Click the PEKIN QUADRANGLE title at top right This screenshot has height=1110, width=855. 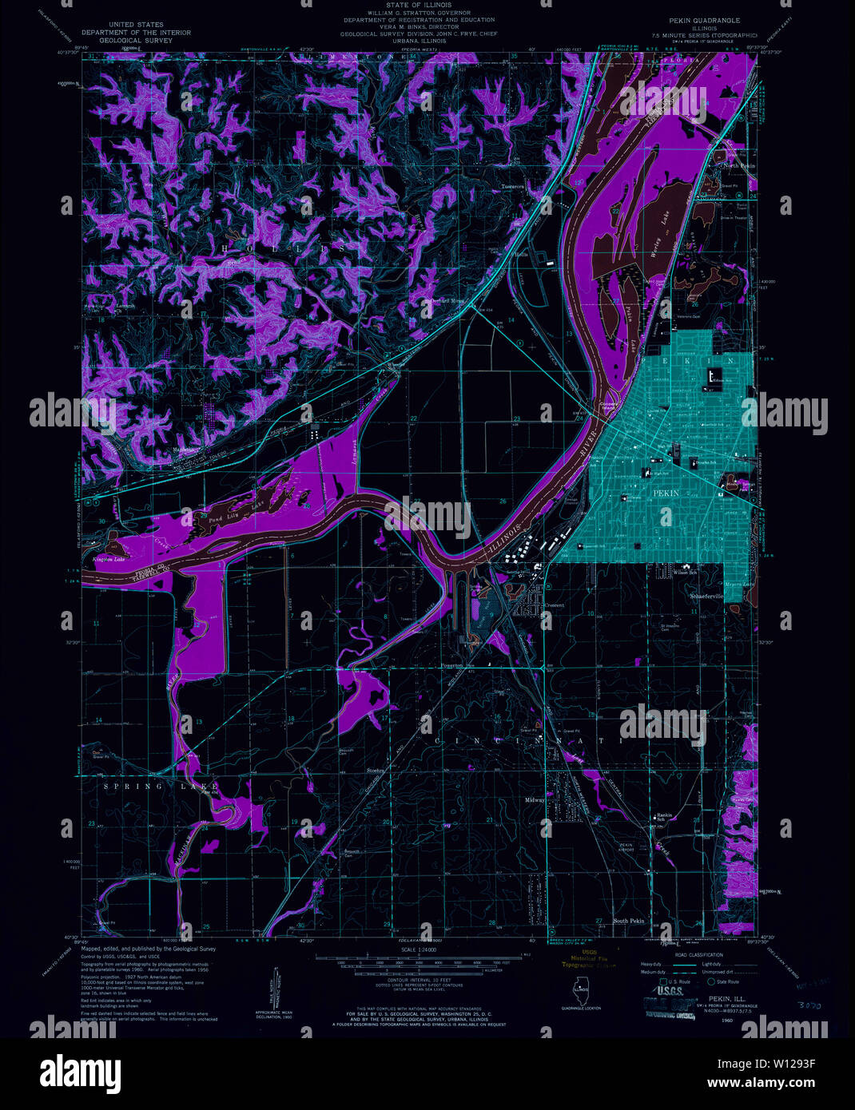[705, 20]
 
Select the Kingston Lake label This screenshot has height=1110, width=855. [110, 560]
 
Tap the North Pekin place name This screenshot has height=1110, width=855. [738, 165]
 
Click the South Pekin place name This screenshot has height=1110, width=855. [628, 922]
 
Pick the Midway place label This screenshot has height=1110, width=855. [535, 800]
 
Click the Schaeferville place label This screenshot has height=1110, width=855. [706, 596]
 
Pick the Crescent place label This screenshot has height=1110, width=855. [555, 605]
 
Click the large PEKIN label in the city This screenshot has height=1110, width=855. [666, 494]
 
